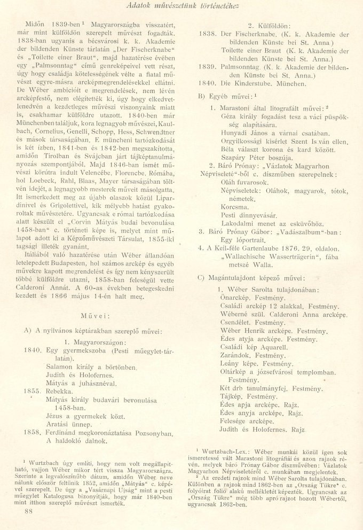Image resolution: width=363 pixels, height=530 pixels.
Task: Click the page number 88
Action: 30,511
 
